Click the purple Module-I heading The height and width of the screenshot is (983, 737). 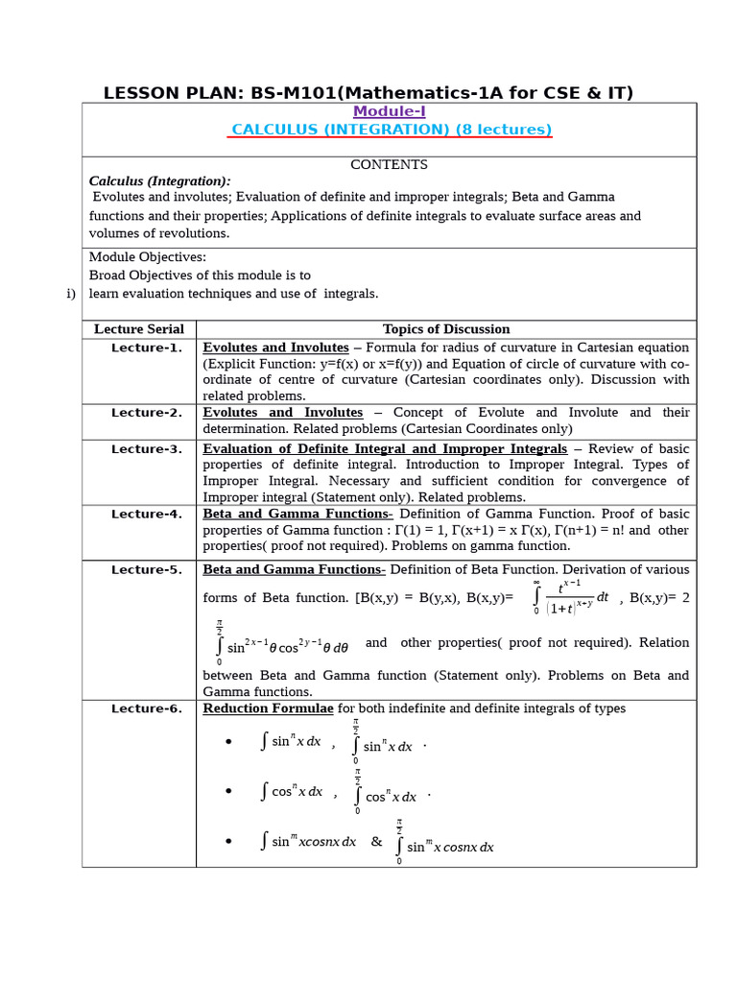[389, 111]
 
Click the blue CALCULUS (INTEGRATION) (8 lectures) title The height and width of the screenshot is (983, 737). [390, 130]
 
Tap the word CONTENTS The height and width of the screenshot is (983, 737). [389, 164]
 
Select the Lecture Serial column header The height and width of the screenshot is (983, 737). [139, 329]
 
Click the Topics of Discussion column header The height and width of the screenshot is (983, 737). [446, 329]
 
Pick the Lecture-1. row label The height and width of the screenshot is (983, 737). [146, 348]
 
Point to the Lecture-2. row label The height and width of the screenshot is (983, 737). [146, 413]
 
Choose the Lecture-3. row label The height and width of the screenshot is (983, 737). [146, 449]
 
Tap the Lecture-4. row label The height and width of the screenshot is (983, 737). [146, 515]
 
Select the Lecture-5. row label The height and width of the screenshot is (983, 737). [146, 570]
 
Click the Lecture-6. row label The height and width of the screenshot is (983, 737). [146, 709]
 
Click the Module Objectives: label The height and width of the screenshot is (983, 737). [147, 257]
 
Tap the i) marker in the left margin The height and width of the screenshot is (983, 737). [71, 294]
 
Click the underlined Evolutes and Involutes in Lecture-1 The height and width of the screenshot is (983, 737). [275, 348]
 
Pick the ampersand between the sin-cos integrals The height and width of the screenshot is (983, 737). [376, 842]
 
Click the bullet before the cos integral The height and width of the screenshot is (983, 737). [228, 792]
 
